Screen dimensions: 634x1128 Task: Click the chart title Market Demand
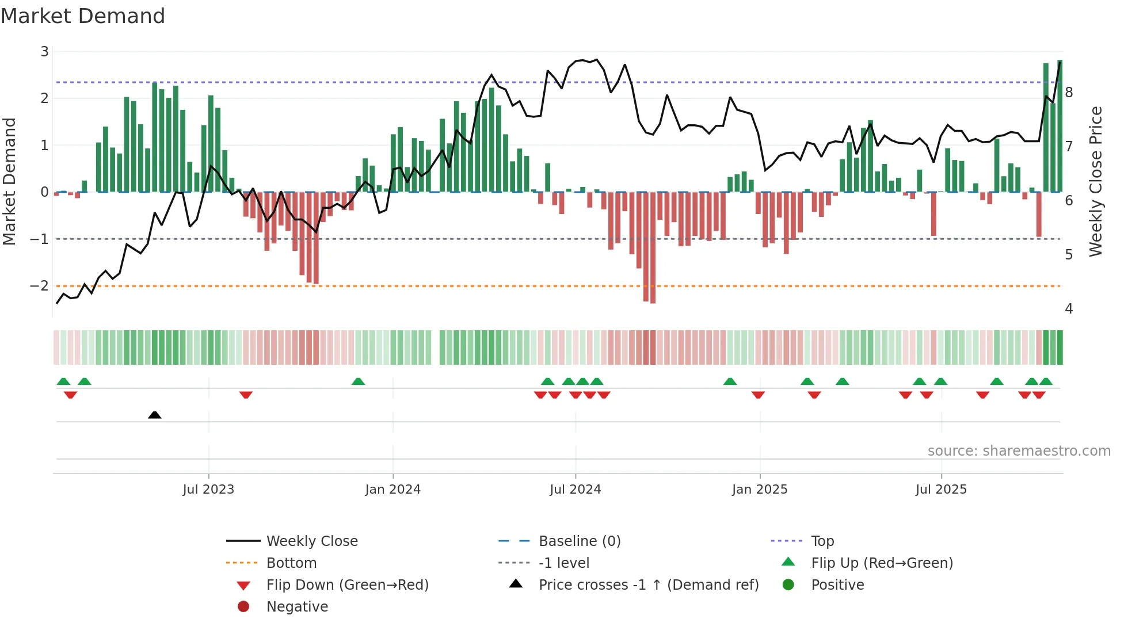click(83, 16)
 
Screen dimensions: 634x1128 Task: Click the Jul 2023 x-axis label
click(208, 490)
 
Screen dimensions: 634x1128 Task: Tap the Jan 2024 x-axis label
click(392, 490)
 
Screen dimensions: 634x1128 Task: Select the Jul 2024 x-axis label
click(575, 490)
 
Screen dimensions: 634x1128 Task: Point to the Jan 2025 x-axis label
click(760, 490)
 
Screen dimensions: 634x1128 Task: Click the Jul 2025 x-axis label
click(941, 490)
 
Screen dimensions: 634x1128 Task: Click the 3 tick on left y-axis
click(44, 52)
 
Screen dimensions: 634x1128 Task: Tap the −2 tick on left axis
click(40, 286)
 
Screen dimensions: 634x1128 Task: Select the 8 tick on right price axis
click(1069, 93)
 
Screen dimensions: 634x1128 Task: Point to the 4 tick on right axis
click(1069, 309)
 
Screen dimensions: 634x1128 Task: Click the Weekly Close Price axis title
click(1096, 181)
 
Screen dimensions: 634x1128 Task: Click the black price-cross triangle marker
click(154, 415)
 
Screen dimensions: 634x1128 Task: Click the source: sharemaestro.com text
click(1019, 451)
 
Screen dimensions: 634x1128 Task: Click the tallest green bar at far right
click(1060, 127)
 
